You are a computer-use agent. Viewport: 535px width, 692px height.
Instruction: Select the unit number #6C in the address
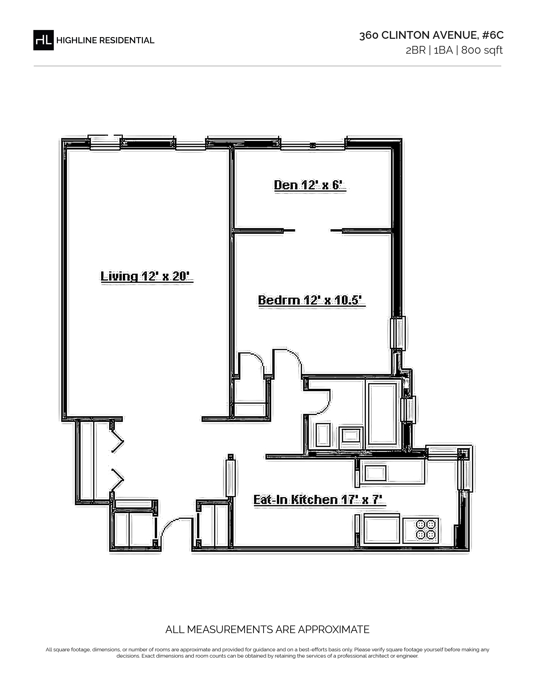point(493,35)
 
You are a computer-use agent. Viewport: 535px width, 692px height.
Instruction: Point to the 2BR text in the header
point(415,50)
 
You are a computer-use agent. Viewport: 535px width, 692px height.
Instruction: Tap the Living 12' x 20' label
point(147,276)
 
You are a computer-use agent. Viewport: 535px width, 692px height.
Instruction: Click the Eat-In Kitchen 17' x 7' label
point(320,500)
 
